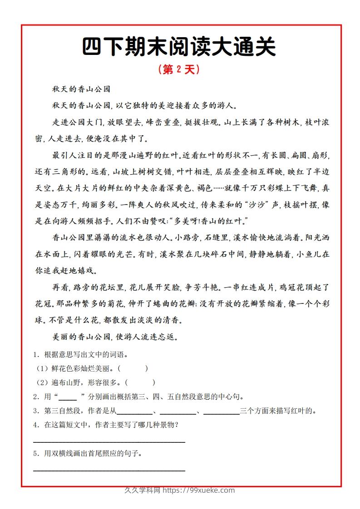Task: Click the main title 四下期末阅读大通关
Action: click(179, 47)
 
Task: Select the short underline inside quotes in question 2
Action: click(68, 397)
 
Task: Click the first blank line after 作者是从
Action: click(135, 412)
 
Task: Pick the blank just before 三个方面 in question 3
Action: click(222, 412)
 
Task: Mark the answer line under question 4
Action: click(109, 441)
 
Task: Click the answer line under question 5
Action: click(109, 470)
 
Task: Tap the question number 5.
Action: click(36, 453)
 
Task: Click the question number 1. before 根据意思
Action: click(36, 355)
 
